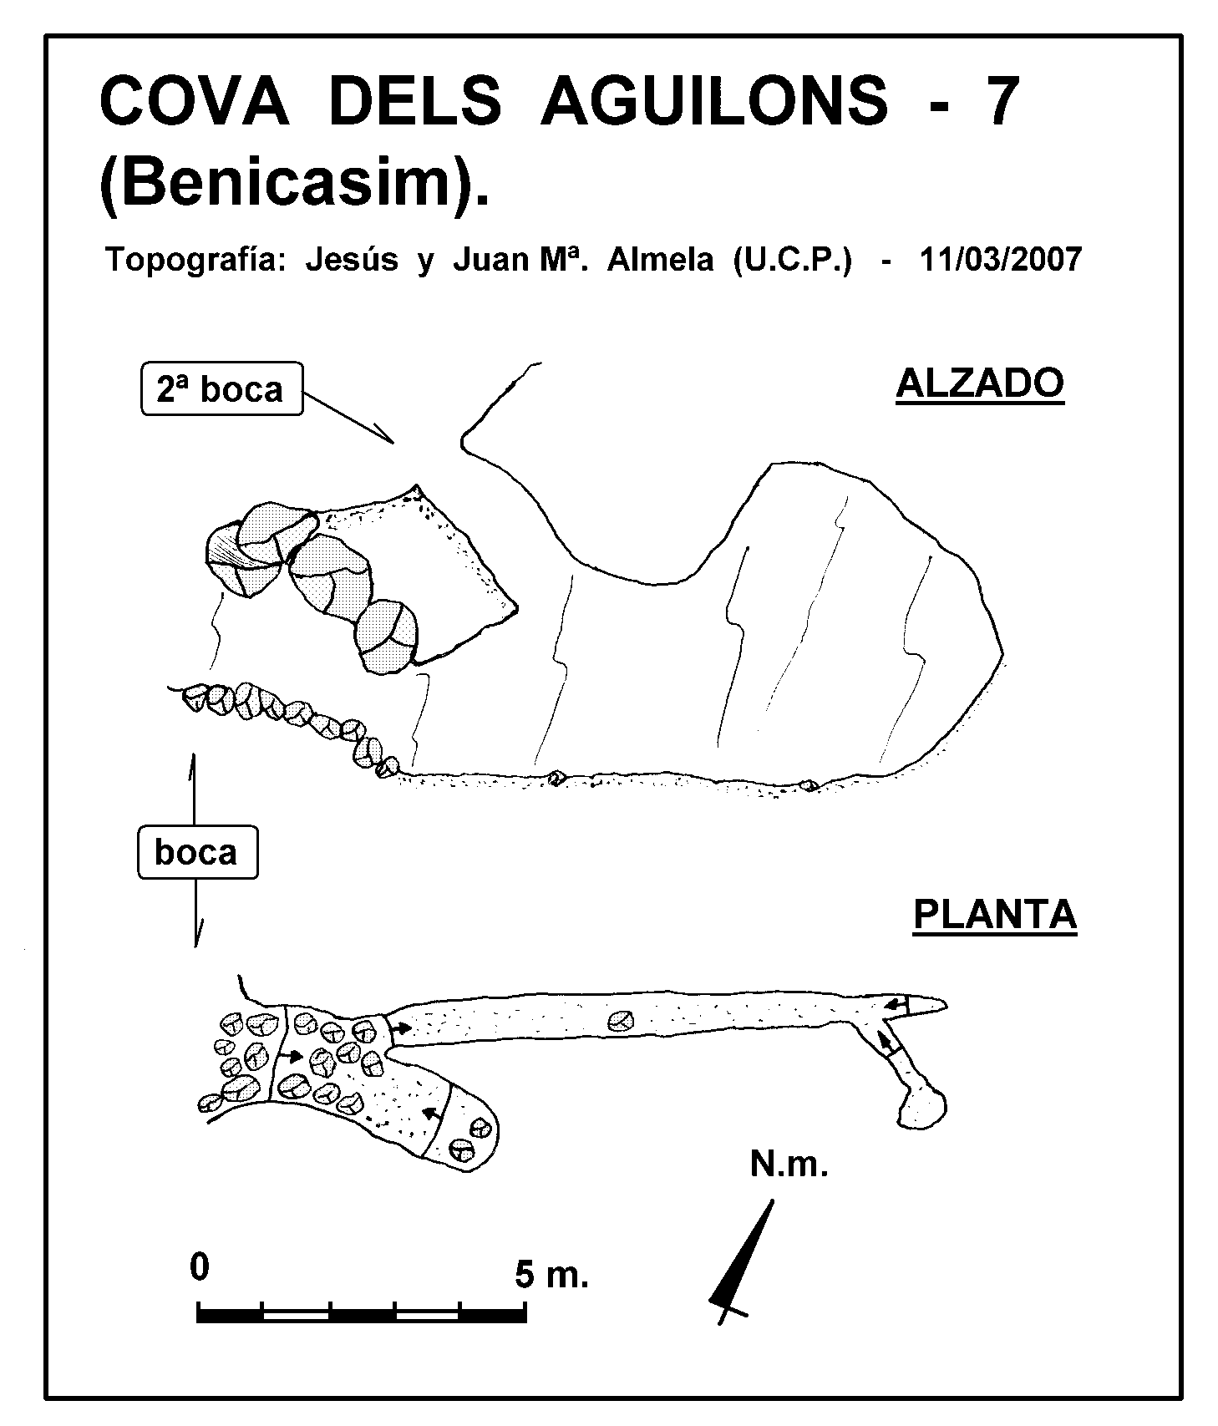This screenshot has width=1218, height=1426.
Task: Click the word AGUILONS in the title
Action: click(x=716, y=100)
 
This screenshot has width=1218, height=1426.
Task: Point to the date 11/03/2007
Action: click(x=1000, y=260)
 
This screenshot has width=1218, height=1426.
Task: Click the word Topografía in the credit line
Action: click(x=197, y=261)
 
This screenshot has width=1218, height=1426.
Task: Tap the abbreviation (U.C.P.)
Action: click(x=793, y=261)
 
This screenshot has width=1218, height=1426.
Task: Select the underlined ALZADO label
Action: click(x=980, y=383)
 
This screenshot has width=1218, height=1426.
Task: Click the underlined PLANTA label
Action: click(x=995, y=915)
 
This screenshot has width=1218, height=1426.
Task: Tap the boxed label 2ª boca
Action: click(x=221, y=388)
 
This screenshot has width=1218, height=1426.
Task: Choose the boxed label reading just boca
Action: click(x=196, y=852)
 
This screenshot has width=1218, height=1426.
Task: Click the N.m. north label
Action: click(x=789, y=1164)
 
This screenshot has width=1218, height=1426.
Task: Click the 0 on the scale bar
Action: click(x=200, y=1267)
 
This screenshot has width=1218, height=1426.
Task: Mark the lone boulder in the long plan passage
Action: click(x=620, y=1020)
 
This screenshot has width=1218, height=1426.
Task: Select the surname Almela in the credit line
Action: click(x=660, y=260)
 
